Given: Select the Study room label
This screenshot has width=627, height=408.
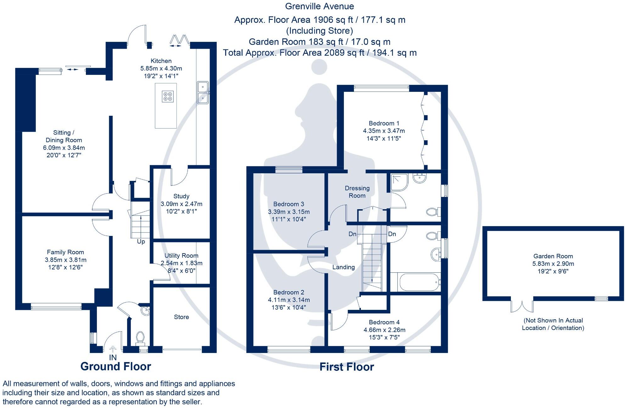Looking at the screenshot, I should click(181, 196).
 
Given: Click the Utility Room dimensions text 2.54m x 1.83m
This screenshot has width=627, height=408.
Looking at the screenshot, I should click(182, 263).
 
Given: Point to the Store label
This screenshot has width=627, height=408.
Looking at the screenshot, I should click(182, 317).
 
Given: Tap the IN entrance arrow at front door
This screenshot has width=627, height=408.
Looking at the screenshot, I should click(113, 349).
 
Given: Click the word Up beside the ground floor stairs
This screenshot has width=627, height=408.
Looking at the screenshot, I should click(141, 242).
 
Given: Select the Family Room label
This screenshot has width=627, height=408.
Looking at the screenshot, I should click(65, 252).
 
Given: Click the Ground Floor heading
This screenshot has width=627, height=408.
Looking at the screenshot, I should click(116, 366).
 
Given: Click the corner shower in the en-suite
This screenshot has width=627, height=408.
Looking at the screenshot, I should click(399, 182).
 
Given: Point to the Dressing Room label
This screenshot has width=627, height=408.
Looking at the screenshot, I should click(357, 192).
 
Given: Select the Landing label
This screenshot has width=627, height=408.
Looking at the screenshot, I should click(344, 267).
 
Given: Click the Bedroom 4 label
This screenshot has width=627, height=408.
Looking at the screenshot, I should click(384, 322).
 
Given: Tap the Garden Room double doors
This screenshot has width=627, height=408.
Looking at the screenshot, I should click(522, 305).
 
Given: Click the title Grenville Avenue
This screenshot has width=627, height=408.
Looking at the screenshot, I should click(319, 6).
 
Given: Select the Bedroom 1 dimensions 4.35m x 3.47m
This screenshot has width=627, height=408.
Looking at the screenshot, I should click(384, 131).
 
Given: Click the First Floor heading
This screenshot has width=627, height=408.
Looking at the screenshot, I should click(347, 367).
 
